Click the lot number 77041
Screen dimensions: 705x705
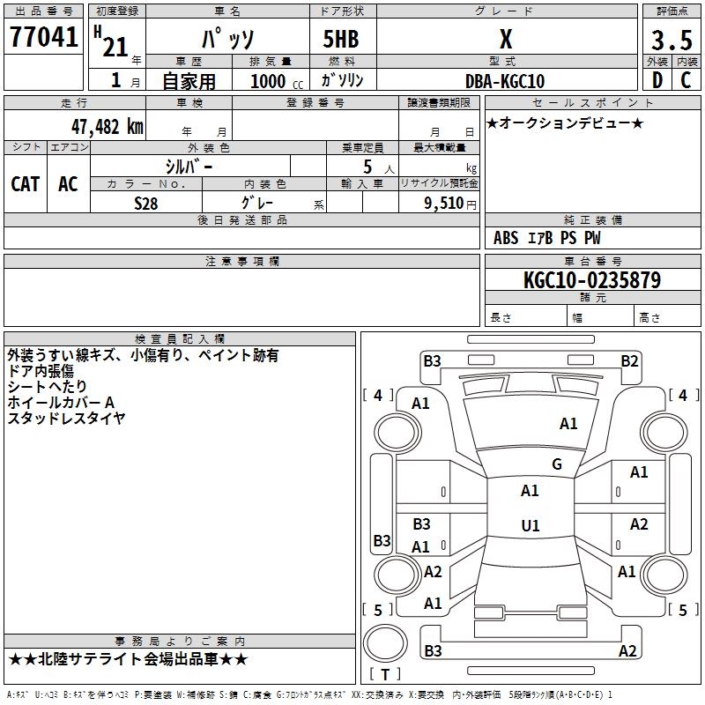[x=44, y=39]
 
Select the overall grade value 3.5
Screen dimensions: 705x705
[x=671, y=41]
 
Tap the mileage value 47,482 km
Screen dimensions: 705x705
[x=103, y=126]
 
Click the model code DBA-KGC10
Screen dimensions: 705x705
[x=505, y=81]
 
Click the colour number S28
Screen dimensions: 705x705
[x=146, y=203]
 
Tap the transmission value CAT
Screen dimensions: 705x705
[x=26, y=184]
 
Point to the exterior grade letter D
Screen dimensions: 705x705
[x=657, y=80]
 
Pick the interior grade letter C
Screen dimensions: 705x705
[x=686, y=80]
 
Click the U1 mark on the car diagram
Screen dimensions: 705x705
[x=531, y=526]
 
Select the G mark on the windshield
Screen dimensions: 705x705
[x=557, y=464]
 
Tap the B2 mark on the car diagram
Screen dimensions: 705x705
[x=629, y=360]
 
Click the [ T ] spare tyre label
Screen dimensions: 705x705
[x=384, y=674]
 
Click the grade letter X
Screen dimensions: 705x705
[x=505, y=40]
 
